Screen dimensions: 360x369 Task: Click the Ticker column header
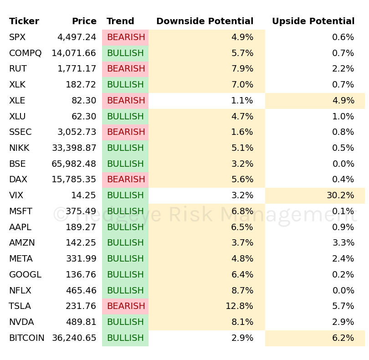(x=24, y=21)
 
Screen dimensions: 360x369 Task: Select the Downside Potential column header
(x=205, y=21)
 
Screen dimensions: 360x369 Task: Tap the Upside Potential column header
(x=313, y=21)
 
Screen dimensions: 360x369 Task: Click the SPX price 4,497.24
(x=77, y=37)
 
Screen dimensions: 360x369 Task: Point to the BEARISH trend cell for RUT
(x=126, y=69)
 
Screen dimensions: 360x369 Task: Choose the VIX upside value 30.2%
(x=340, y=195)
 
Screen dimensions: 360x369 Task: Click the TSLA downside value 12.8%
(x=239, y=306)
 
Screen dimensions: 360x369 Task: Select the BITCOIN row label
(x=27, y=338)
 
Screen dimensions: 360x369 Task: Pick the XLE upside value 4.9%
(x=343, y=101)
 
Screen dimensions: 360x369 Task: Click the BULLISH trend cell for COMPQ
(x=125, y=53)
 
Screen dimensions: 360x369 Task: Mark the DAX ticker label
(x=18, y=180)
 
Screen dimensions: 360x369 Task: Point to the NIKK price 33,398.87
(x=74, y=148)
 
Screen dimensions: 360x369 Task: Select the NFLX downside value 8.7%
(x=242, y=291)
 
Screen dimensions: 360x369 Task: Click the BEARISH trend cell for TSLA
(x=126, y=306)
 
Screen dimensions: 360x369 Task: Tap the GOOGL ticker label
(x=25, y=275)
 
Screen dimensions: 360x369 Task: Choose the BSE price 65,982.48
(x=74, y=164)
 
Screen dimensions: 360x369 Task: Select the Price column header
(x=84, y=21)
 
